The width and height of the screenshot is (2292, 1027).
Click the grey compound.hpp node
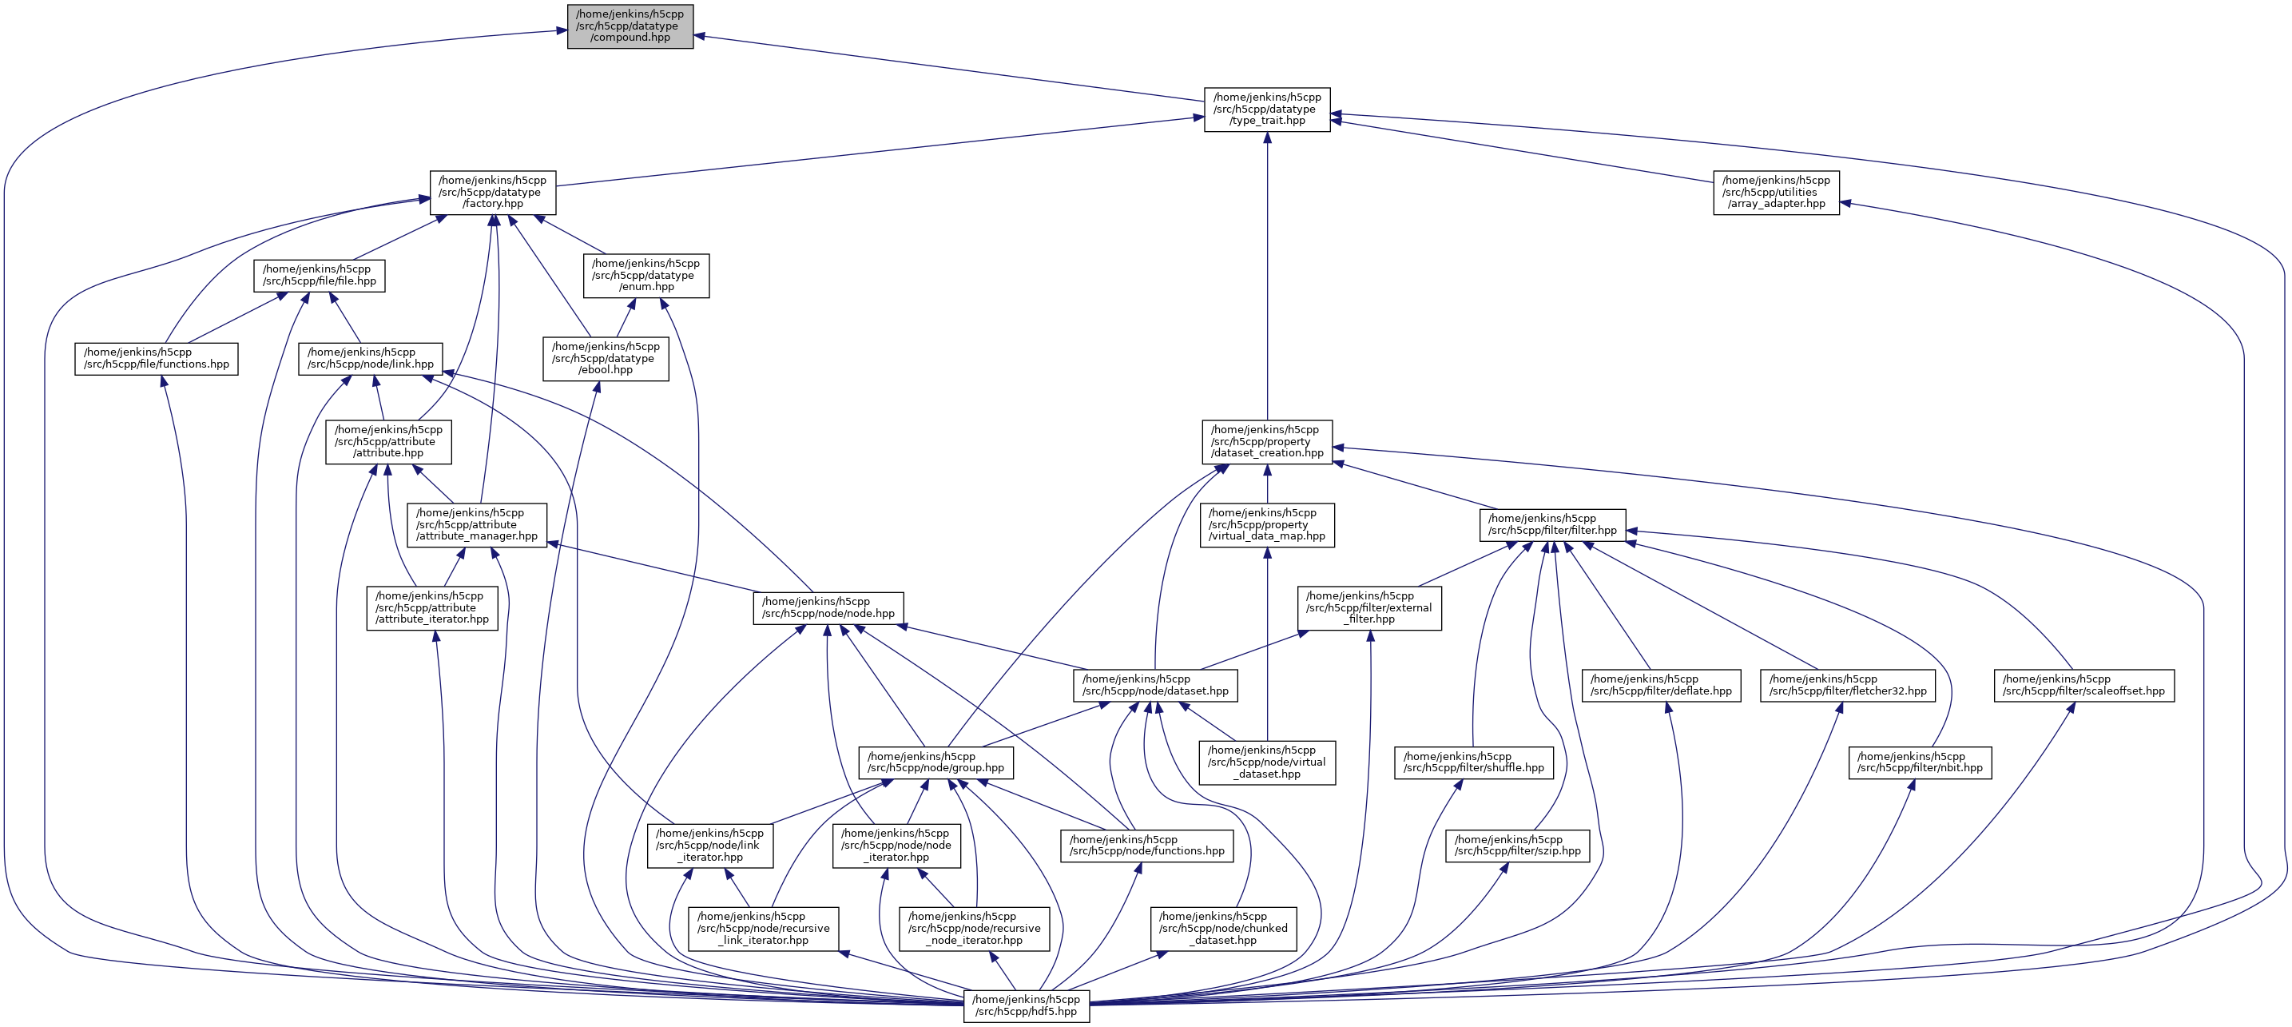click(x=630, y=26)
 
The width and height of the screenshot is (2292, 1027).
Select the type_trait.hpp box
click(x=1267, y=109)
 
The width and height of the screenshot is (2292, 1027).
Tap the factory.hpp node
click(x=493, y=193)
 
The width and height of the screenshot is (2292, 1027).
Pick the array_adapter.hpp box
click(x=1776, y=193)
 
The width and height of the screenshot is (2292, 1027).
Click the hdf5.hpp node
click(x=1026, y=1005)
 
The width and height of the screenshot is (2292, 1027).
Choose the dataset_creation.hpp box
click(x=1267, y=441)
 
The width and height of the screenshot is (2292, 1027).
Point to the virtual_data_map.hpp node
click(x=1267, y=525)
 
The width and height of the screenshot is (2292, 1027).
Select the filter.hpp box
click(x=1551, y=525)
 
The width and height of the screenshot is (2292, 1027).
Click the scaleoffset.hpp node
click(x=2083, y=685)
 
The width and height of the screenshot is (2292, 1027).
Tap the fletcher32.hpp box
click(x=1847, y=685)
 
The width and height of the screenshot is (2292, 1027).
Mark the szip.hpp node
click(x=1517, y=846)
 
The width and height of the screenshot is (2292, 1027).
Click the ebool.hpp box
click(x=606, y=359)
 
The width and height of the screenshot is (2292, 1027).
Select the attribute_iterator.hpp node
click(x=431, y=608)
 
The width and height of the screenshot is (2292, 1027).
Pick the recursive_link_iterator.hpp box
click(x=764, y=928)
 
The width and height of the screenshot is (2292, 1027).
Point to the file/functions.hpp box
click(x=157, y=359)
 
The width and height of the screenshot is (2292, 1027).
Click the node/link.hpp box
click(x=370, y=359)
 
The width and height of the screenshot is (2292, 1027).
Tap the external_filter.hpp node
click(x=1368, y=608)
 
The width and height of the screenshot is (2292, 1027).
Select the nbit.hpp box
click(x=1919, y=762)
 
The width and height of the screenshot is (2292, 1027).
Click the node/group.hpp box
click(x=935, y=762)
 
